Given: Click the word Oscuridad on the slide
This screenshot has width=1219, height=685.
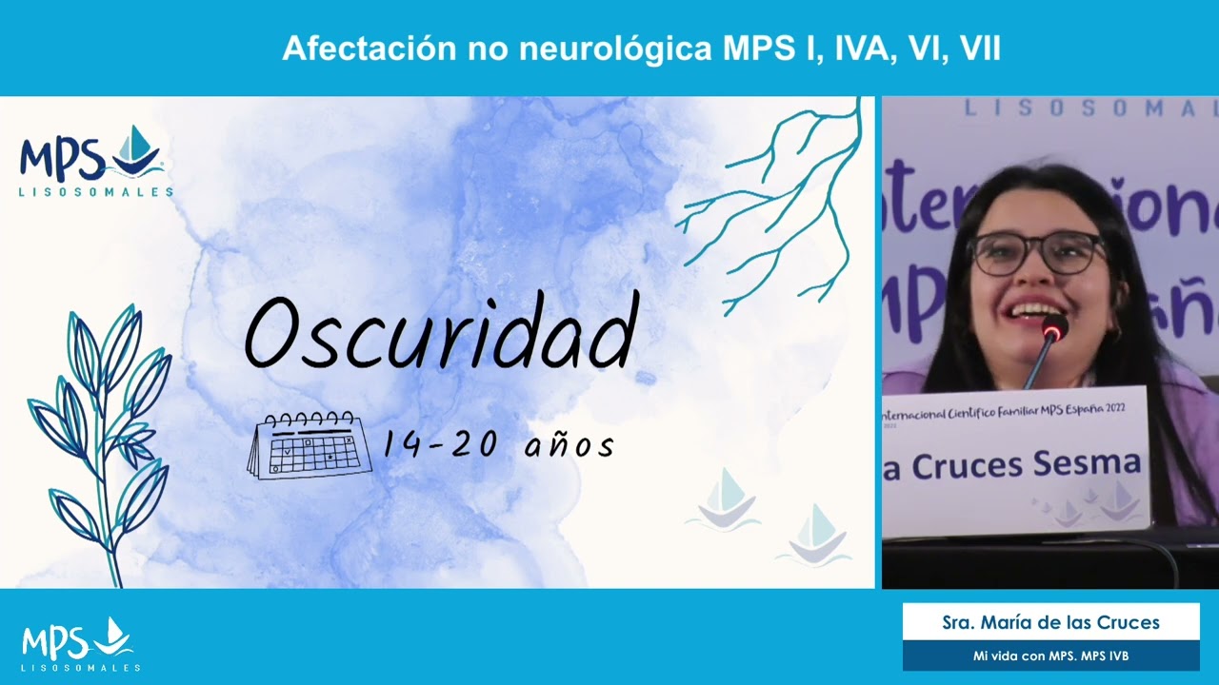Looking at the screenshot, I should [440, 333].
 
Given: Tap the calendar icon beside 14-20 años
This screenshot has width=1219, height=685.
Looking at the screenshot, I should [310, 445].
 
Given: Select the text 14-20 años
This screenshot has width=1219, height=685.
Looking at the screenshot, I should [498, 444].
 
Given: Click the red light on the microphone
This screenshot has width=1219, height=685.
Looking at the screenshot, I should [1053, 331].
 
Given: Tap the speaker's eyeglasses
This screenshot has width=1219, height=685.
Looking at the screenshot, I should [1036, 253].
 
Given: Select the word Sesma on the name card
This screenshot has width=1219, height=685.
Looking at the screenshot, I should [1094, 463].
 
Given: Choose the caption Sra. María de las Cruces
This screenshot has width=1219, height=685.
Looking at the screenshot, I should [1050, 623].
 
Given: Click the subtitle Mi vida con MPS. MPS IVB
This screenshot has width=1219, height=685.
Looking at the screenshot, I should [1050, 656].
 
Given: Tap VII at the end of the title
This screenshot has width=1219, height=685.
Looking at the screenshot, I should [980, 49].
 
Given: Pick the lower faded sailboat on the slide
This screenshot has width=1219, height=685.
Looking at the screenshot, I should [815, 535].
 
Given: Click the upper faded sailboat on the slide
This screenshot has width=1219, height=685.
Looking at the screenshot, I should [726, 498].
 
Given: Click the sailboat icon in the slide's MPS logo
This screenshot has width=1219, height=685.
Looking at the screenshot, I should [137, 150].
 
